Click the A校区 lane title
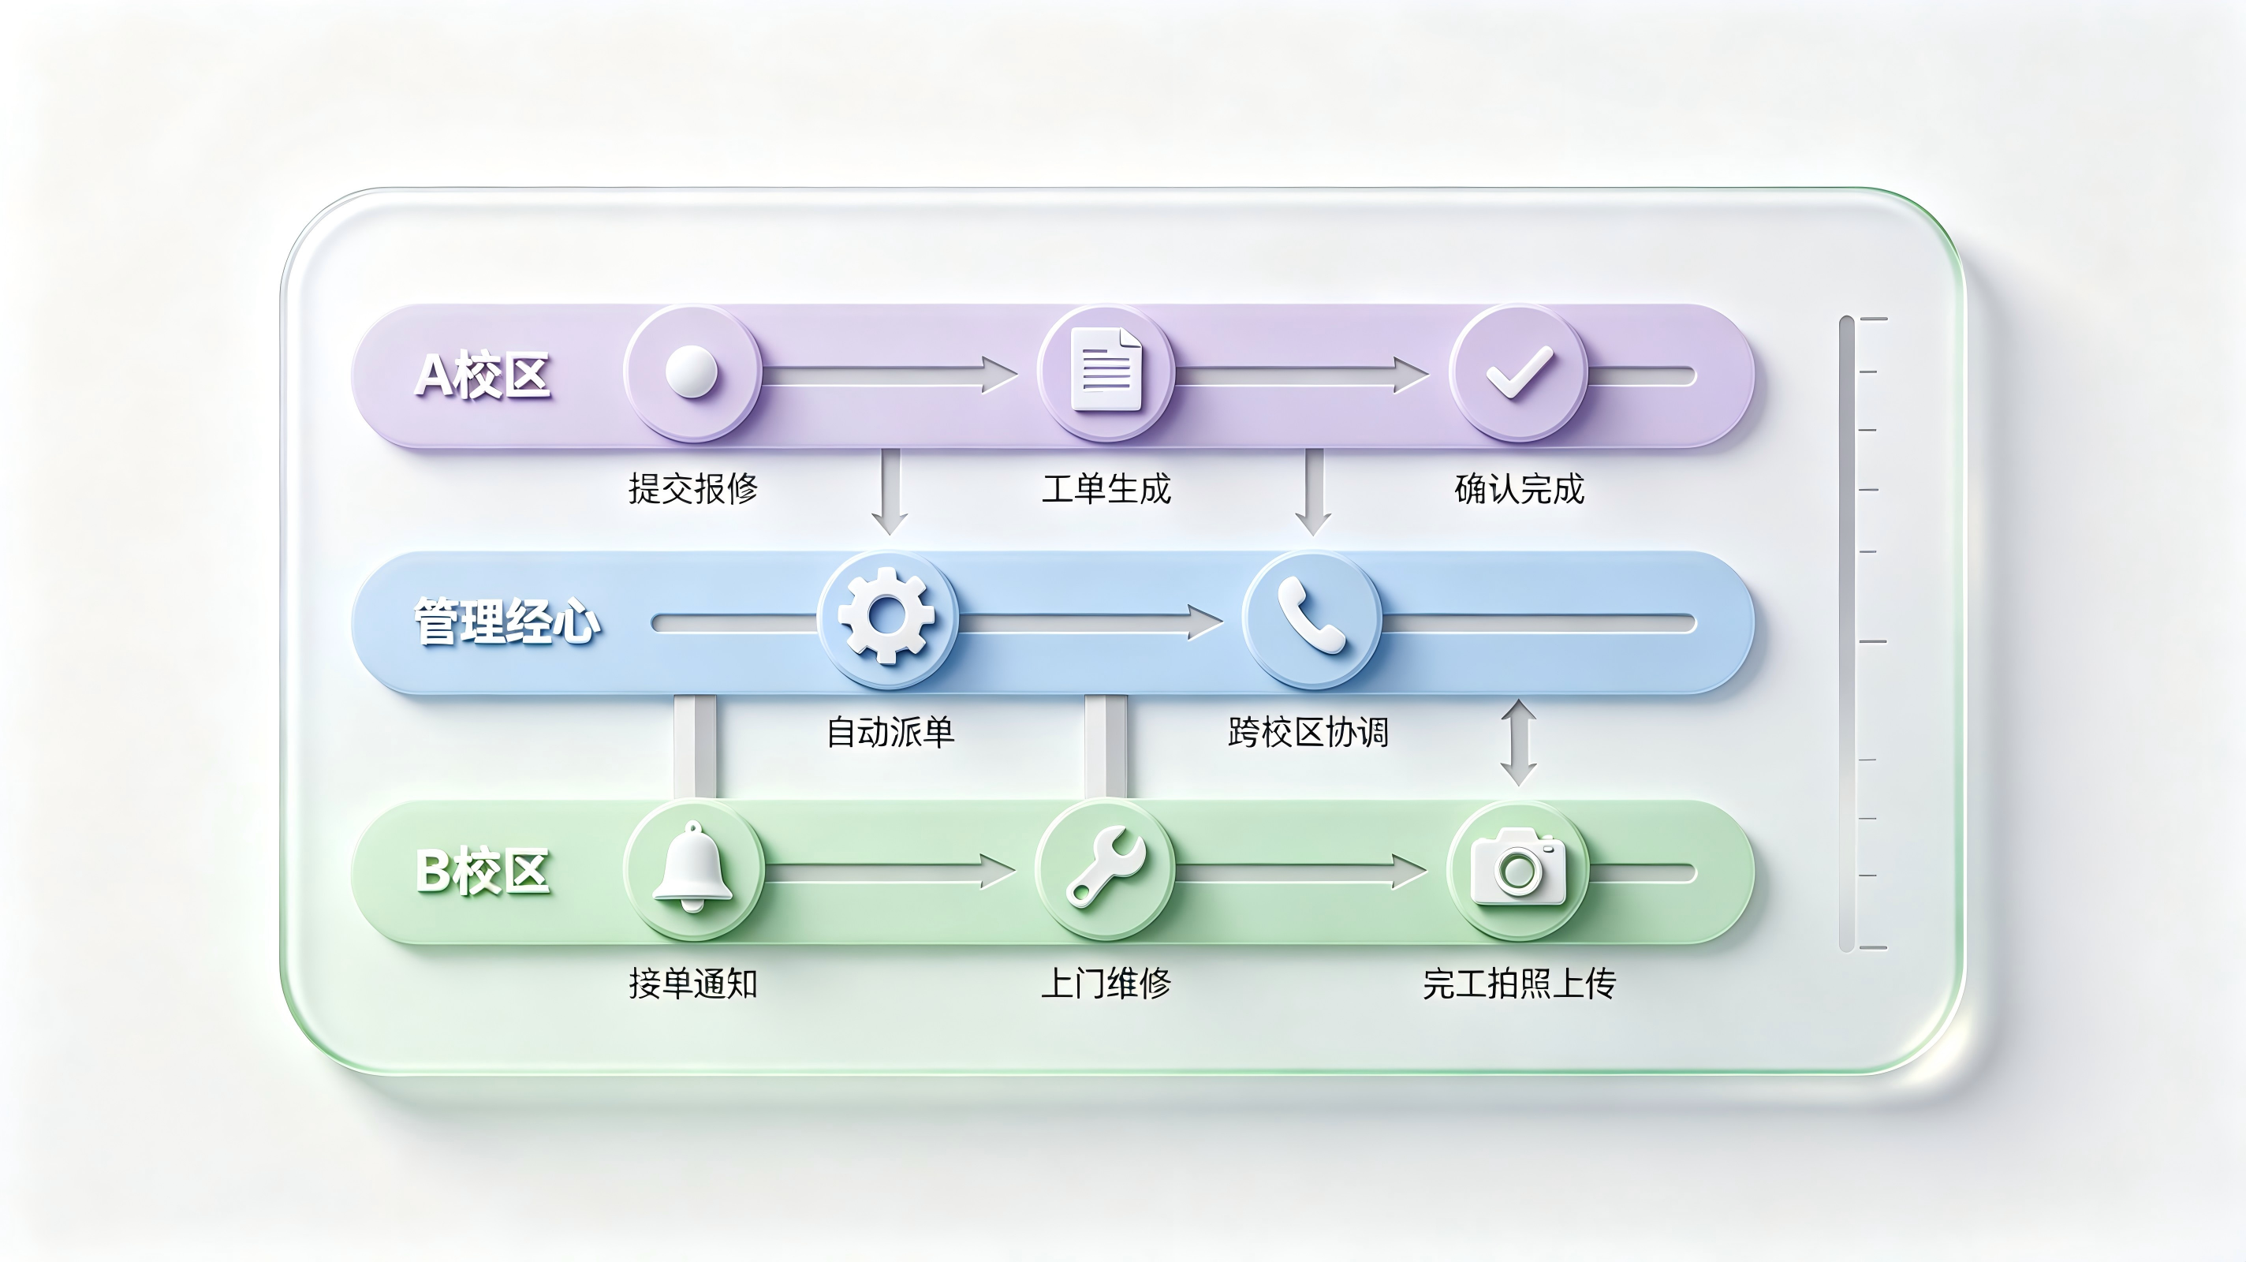[x=482, y=376]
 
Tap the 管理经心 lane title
[x=506, y=622]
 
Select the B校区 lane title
[x=482, y=872]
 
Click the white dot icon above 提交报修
[x=692, y=372]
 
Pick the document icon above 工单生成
[x=1106, y=370]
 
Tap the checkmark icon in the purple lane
[x=1519, y=372]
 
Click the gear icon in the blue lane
[x=886, y=616]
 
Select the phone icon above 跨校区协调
[x=1311, y=617]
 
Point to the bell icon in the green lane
[x=692, y=867]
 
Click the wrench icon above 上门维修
[x=1106, y=868]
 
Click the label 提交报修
[x=693, y=488]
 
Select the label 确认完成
[x=1519, y=488]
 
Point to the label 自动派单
[x=890, y=732]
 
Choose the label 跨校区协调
[x=1308, y=732]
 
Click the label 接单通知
[x=693, y=984]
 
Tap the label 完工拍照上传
[x=1519, y=984]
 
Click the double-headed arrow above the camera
[x=1518, y=742]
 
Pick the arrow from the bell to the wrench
[x=890, y=872]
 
